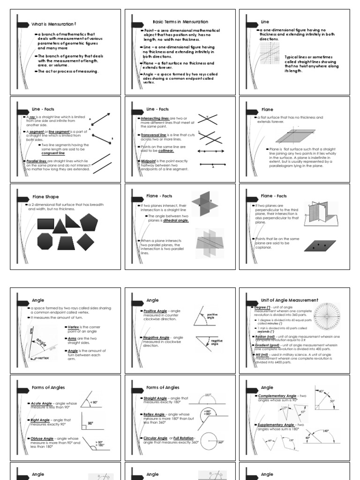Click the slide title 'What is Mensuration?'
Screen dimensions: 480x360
[53, 24]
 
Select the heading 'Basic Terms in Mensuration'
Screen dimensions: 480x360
[180, 22]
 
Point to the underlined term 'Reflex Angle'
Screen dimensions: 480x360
[153, 414]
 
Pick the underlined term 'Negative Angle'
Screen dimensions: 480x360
[153, 337]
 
